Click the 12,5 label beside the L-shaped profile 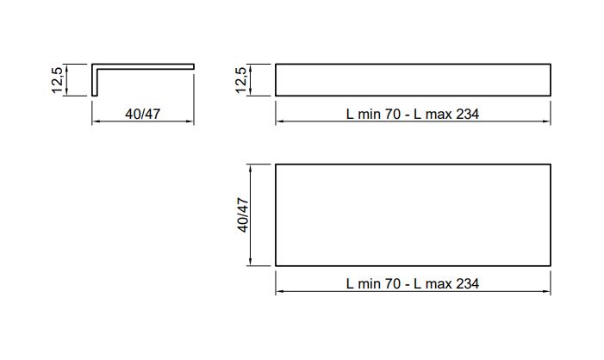click(x=58, y=80)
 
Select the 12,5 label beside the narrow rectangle click(x=240, y=80)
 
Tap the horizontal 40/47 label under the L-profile click(x=142, y=114)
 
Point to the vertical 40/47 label click(x=243, y=214)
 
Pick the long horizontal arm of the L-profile click(x=143, y=66)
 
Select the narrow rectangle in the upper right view click(x=413, y=80)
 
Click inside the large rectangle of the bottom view click(x=413, y=214)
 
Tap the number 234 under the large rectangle click(x=467, y=283)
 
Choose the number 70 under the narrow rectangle click(x=393, y=114)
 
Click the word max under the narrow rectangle click(x=439, y=115)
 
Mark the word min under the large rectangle click(x=369, y=283)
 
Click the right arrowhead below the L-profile click(x=190, y=121)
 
